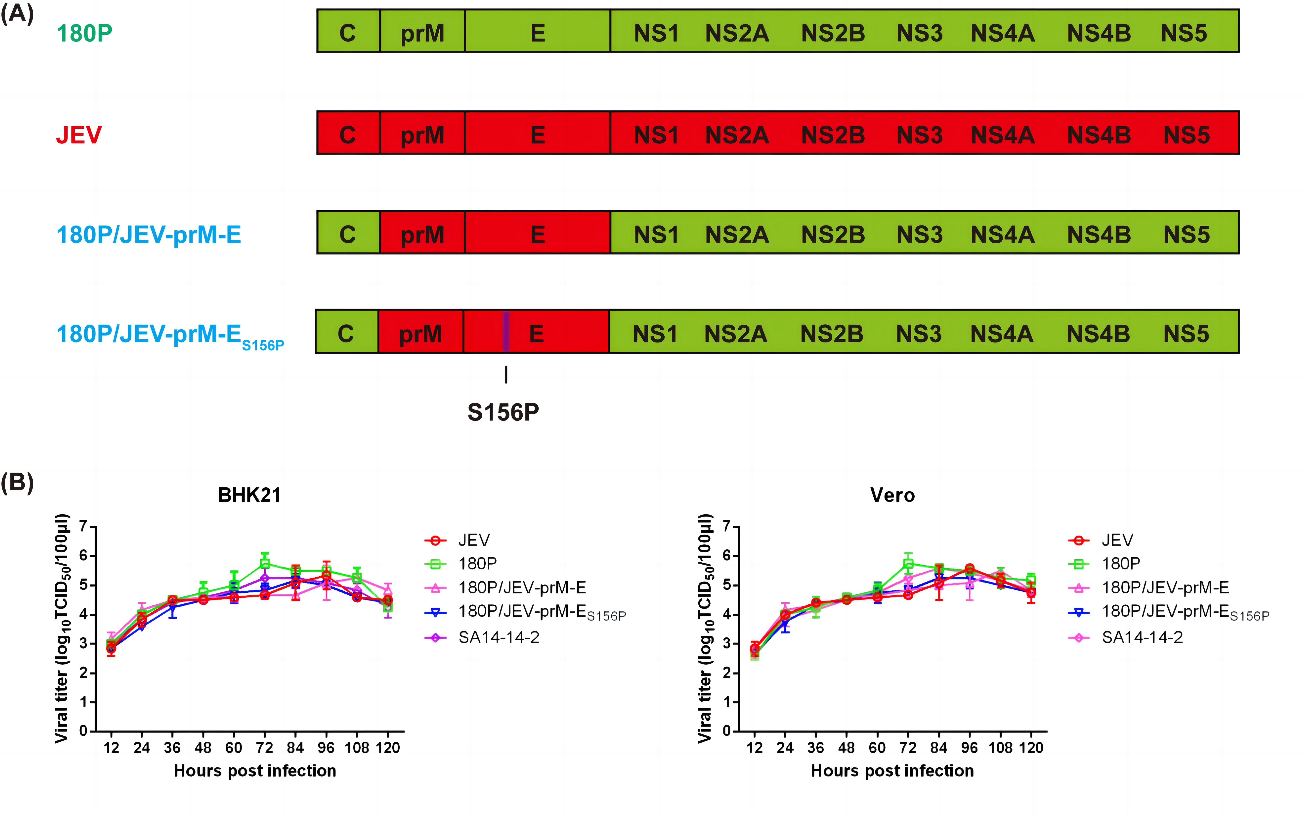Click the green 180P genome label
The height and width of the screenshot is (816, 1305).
(x=84, y=33)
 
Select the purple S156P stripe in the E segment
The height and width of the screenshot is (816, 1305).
(x=505, y=331)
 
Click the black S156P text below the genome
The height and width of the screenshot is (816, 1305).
(x=503, y=412)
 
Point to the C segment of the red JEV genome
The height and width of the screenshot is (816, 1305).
(x=348, y=134)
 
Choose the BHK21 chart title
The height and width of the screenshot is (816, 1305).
(x=249, y=495)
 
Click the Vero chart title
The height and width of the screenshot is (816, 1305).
(x=892, y=495)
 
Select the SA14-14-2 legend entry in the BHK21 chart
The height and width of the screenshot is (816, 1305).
(x=498, y=637)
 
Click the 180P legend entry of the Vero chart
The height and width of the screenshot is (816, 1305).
(x=1121, y=563)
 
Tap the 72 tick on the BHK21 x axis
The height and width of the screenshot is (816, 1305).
(x=264, y=748)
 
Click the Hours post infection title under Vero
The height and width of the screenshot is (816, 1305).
(x=892, y=771)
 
